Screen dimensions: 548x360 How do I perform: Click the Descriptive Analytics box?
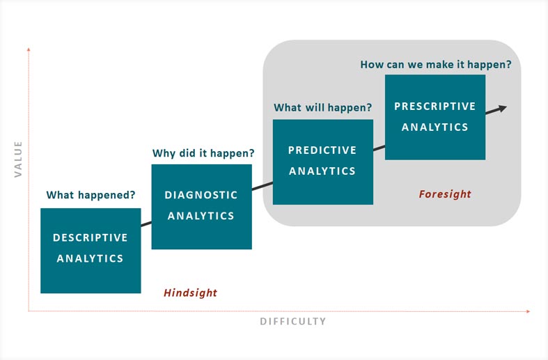[91, 251]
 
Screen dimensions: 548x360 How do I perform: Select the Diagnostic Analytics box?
[202, 207]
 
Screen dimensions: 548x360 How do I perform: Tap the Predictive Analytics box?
[323, 162]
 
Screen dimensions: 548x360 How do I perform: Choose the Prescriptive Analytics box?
[435, 117]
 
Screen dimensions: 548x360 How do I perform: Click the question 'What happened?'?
[91, 195]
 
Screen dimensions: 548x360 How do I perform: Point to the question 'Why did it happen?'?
[203, 153]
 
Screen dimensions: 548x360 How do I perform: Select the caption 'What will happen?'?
[323, 107]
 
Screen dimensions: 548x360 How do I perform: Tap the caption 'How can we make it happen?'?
[436, 64]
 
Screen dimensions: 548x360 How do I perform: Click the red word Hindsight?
[191, 292]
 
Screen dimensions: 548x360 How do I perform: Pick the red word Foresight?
[445, 194]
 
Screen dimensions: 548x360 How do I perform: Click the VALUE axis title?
[18, 159]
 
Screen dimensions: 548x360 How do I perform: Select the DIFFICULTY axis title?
[293, 321]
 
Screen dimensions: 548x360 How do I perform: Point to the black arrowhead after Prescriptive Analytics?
[502, 109]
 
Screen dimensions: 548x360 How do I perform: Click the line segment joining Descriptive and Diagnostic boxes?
[146, 224]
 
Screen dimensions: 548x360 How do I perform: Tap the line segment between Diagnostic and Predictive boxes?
[263, 186]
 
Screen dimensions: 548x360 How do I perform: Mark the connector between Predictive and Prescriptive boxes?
[379, 148]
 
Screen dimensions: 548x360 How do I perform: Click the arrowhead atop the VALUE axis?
[29, 49]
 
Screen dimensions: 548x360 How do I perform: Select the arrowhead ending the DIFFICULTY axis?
[528, 311]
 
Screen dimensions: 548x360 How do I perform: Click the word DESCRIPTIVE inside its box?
[90, 237]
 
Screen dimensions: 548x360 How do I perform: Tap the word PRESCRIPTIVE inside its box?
[435, 107]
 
